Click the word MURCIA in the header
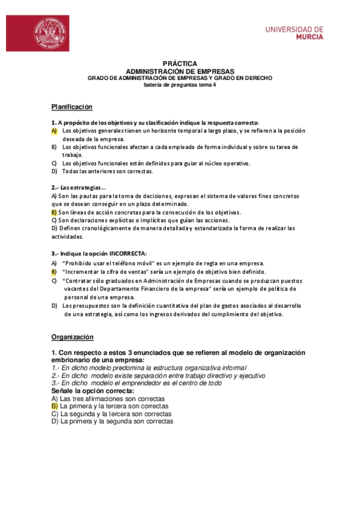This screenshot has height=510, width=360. click(x=310, y=37)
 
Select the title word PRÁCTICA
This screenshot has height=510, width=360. click(x=180, y=64)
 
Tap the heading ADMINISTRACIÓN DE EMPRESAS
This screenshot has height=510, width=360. click(x=180, y=71)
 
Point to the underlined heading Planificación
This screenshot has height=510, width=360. click(x=72, y=106)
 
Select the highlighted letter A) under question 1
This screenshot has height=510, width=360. click(x=54, y=131)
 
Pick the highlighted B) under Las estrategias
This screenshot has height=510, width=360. click(x=54, y=212)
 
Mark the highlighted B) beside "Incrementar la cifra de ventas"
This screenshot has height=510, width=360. click(x=54, y=271)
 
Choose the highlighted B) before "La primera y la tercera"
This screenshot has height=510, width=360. click(x=55, y=406)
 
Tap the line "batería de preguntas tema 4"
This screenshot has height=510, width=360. click(x=180, y=85)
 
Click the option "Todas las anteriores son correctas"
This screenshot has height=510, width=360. click(x=108, y=171)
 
